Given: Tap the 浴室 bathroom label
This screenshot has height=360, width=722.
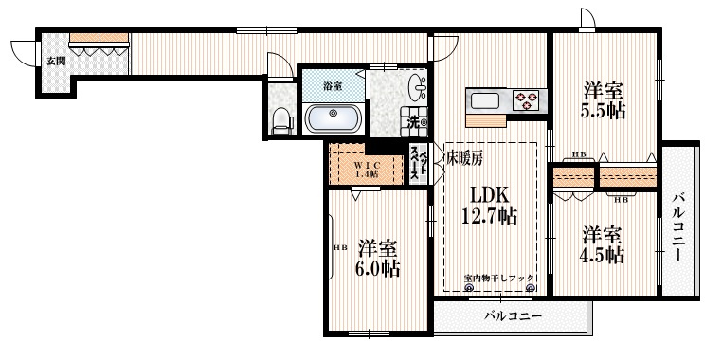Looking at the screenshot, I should (332, 86).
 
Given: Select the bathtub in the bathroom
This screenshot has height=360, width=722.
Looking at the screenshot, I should (333, 118).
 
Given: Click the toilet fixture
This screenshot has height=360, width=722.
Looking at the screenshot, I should (280, 118).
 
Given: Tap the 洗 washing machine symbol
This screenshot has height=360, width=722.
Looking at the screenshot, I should (415, 121).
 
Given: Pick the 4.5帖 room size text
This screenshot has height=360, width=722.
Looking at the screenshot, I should (603, 255).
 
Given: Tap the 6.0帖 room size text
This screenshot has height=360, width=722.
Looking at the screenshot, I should (378, 268).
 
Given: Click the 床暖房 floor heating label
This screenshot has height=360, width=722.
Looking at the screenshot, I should (464, 158).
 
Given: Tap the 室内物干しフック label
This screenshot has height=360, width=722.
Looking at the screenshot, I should (499, 278).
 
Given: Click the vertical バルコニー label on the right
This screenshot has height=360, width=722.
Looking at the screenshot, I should (678, 227).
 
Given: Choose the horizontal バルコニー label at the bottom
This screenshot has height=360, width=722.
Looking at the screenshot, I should (512, 315).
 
